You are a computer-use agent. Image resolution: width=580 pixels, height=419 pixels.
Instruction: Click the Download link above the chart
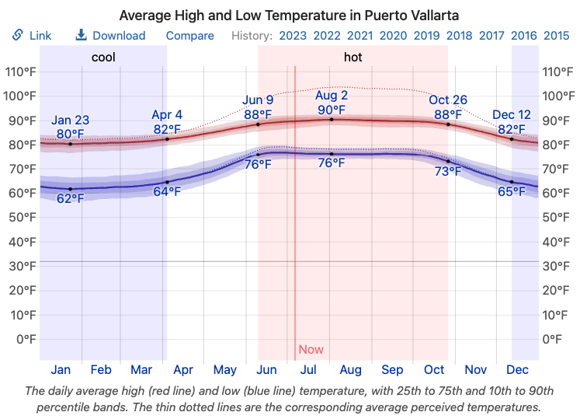110,35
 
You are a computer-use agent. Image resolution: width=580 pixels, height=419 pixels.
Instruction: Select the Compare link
189,35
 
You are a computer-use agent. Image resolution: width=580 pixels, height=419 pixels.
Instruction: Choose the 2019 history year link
426,35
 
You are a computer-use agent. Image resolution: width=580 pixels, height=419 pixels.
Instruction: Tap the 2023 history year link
293,35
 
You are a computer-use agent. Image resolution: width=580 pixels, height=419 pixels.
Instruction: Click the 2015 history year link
556,35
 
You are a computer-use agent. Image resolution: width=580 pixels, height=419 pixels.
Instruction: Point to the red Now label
311,350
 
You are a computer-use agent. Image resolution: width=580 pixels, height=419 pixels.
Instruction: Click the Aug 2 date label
332,95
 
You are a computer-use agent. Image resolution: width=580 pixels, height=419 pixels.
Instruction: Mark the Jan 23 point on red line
71,144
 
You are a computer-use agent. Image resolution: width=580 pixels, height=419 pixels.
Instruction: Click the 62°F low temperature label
71,199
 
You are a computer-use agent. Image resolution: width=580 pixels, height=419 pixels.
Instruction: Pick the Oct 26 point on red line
448,124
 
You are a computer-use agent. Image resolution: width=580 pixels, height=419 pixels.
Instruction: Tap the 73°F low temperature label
448,172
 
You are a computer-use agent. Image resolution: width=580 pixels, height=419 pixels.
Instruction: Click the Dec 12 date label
512,115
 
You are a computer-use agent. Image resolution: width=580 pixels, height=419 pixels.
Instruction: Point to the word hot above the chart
353,58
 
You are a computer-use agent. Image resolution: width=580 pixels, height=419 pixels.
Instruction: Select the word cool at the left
103,58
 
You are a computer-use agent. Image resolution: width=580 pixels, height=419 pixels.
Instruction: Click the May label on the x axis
224,370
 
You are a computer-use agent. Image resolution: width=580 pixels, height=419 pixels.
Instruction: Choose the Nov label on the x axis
476,370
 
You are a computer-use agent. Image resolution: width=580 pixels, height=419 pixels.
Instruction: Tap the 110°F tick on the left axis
21,72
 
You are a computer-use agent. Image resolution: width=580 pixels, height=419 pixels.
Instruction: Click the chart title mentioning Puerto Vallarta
290,15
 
